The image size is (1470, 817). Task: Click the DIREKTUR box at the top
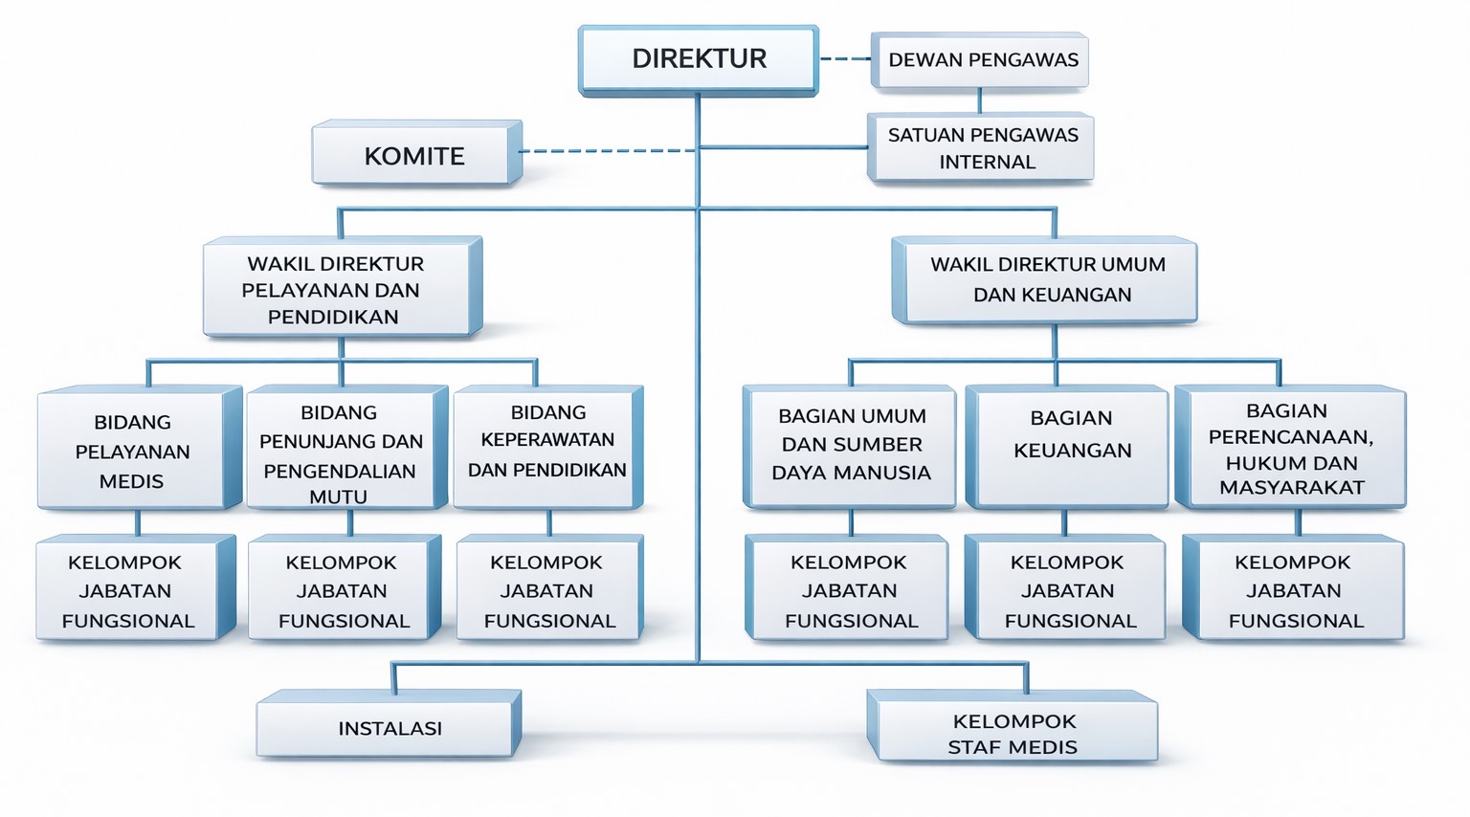[699, 59]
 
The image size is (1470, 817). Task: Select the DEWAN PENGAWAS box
[982, 60]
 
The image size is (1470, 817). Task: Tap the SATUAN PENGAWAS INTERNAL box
[983, 148]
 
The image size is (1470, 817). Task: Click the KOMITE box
[413, 156]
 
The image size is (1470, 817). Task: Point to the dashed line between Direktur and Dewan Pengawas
[844, 59]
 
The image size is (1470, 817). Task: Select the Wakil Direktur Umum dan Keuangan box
[1047, 279]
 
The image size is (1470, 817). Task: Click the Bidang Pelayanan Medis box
[133, 451]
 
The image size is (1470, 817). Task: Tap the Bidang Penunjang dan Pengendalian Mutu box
[342, 451]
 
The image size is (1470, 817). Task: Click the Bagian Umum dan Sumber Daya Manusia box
[851, 445]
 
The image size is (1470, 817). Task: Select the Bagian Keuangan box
[1070, 445]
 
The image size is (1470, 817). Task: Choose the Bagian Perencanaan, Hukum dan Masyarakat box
[1291, 448]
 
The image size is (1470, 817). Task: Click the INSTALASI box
[389, 728]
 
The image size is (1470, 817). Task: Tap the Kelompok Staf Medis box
[1013, 733]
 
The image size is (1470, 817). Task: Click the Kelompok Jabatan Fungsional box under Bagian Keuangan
[1068, 591]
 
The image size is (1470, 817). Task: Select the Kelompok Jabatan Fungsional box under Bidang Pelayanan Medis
[128, 591]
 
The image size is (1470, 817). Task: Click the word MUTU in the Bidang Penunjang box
[338, 497]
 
